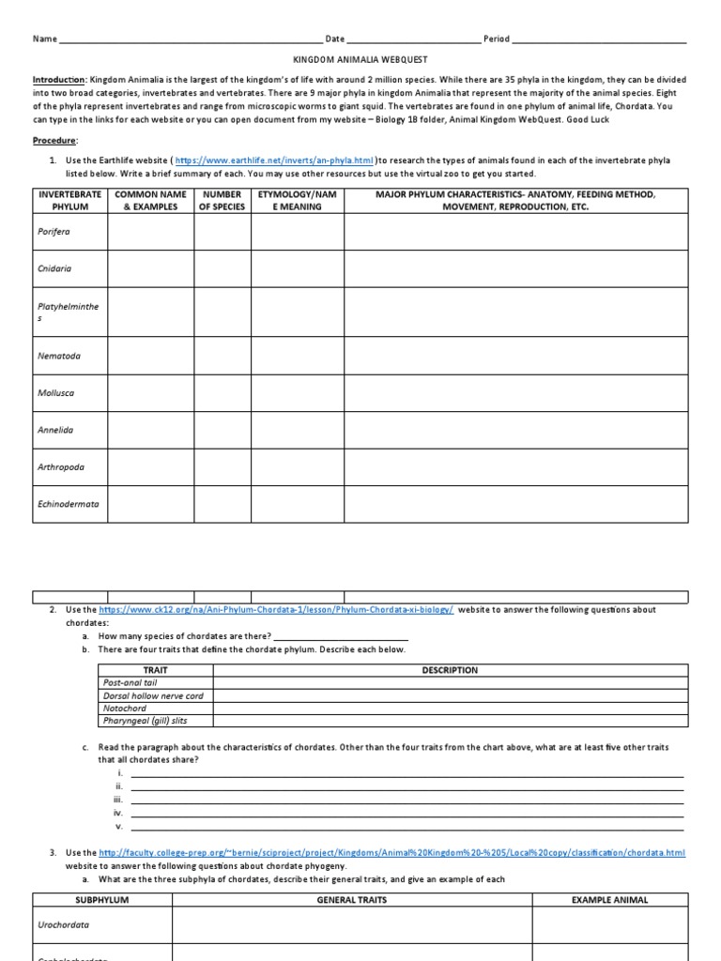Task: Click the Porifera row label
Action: (54, 232)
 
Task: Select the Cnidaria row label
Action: (54, 268)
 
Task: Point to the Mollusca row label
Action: (56, 393)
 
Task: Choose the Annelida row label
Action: (55, 430)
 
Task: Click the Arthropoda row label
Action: (61, 466)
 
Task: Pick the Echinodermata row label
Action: (69, 503)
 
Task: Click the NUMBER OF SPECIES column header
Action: (222, 201)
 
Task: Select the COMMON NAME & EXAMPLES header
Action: (150, 201)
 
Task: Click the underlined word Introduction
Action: (59, 81)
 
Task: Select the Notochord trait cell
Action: (125, 709)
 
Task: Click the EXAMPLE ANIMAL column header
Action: (610, 900)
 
